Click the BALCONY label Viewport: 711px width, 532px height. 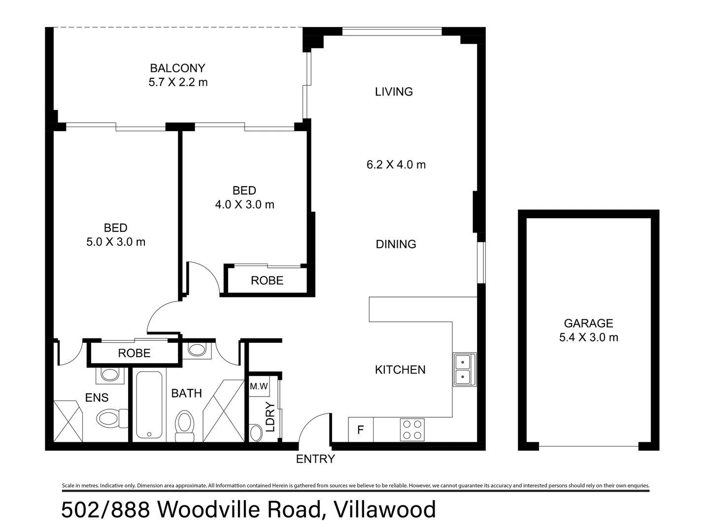[x=177, y=68]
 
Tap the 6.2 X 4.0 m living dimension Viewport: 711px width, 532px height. [x=396, y=165]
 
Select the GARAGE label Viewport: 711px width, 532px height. [x=588, y=323]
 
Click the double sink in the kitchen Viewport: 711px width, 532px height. [x=464, y=369]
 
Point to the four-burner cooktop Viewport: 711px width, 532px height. [x=412, y=430]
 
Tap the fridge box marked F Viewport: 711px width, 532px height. [x=361, y=430]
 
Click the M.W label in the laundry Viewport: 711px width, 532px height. [x=259, y=387]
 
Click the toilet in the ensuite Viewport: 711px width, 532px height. [x=110, y=419]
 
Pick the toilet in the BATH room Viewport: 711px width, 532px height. [x=185, y=425]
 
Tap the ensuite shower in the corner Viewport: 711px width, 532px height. [x=67, y=421]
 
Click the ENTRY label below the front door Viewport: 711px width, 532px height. [x=315, y=459]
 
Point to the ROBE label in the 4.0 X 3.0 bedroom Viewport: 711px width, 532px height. [x=267, y=280]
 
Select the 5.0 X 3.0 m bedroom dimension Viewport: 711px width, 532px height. [x=116, y=242]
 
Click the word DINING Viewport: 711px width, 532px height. [x=396, y=244]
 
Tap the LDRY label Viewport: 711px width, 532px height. [x=270, y=417]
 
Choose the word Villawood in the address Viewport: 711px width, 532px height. [x=385, y=510]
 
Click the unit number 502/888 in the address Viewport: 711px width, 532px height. [x=105, y=510]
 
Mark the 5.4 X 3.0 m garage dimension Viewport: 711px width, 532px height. [x=588, y=337]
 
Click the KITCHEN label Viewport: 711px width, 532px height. [x=400, y=369]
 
